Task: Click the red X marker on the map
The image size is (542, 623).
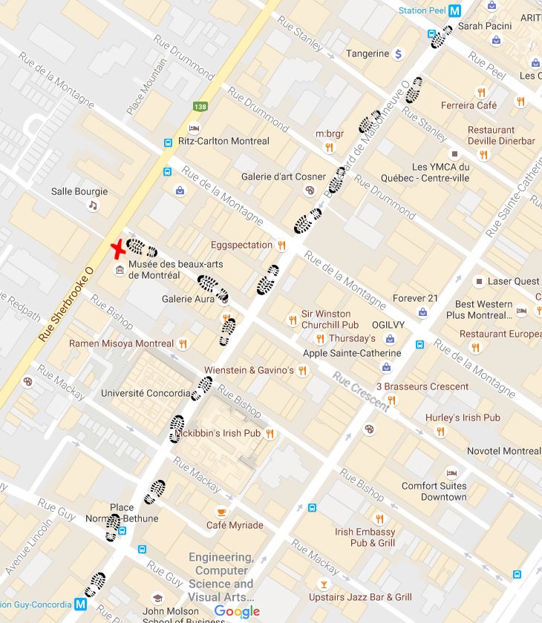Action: click(117, 249)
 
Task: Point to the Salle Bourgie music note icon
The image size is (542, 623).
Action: click(93, 205)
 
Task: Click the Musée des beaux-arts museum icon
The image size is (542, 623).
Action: click(119, 270)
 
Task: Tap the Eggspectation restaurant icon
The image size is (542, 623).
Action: click(281, 245)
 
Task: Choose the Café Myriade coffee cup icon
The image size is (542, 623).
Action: click(221, 512)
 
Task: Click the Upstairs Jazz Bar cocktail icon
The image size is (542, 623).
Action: click(322, 584)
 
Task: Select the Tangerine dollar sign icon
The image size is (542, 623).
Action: click(398, 53)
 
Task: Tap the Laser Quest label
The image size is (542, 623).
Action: click(513, 281)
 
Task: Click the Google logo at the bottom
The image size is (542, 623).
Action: click(237, 611)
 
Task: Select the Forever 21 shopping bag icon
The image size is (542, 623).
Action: click(422, 312)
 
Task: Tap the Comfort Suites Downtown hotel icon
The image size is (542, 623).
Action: click(451, 473)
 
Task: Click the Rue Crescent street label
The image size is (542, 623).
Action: click(361, 392)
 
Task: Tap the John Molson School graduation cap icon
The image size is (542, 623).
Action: click(157, 599)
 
